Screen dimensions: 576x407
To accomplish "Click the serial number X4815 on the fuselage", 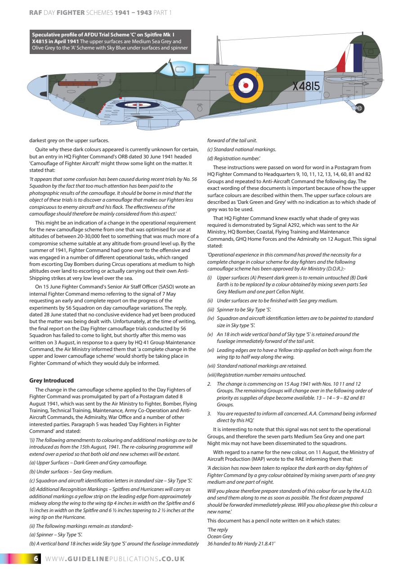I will (306, 86).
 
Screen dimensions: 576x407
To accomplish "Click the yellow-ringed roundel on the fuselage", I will (246, 85).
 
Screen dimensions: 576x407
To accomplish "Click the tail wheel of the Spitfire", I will (359, 108).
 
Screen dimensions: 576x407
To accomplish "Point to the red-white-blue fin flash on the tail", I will (350, 58).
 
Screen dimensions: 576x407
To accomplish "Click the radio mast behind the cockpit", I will (218, 49).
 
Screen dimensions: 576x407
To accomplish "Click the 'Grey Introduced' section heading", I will (51, 381).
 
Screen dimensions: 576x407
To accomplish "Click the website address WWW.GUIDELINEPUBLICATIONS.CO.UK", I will (116, 559).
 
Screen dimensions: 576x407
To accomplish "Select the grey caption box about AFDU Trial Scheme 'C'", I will (110, 41).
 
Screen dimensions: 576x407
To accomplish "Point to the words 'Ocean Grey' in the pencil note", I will (220, 536).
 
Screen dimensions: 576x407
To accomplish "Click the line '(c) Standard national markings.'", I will (242, 149).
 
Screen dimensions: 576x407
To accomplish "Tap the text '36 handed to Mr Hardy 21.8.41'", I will (241, 543).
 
